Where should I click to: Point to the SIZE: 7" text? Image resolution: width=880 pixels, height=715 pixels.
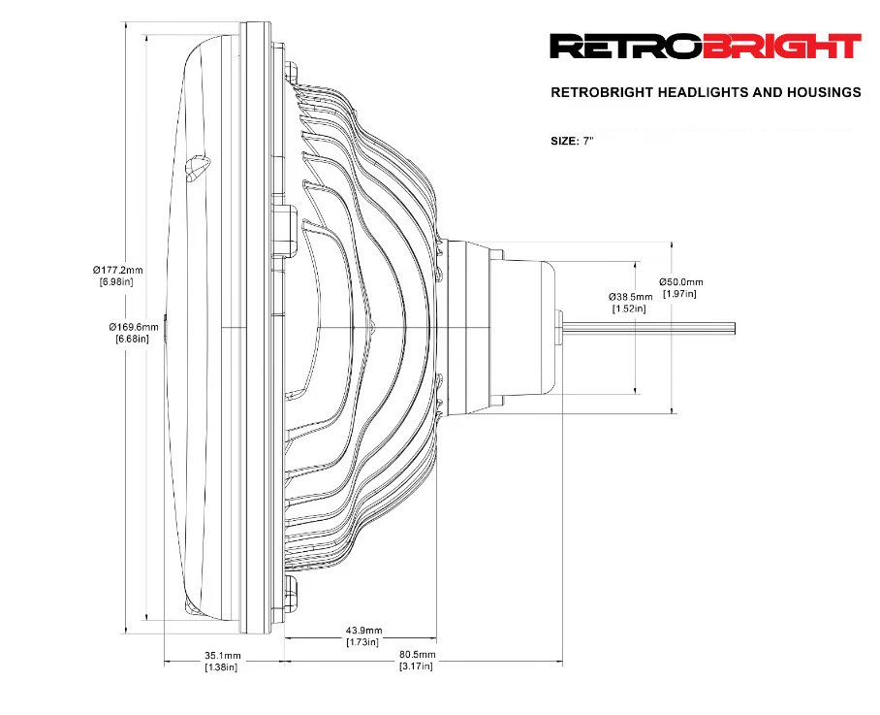[x=571, y=141]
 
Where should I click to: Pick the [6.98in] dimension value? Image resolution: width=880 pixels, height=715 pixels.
[x=116, y=281]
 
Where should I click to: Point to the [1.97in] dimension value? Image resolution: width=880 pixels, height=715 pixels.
[x=679, y=293]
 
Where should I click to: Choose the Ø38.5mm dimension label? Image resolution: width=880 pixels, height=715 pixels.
[x=630, y=296]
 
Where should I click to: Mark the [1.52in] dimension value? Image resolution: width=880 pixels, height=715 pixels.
[x=629, y=309]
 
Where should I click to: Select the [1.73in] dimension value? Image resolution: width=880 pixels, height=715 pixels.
[x=362, y=642]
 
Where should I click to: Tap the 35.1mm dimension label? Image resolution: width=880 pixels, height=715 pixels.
[x=222, y=655]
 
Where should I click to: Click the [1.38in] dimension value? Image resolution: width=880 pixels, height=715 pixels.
[x=221, y=667]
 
